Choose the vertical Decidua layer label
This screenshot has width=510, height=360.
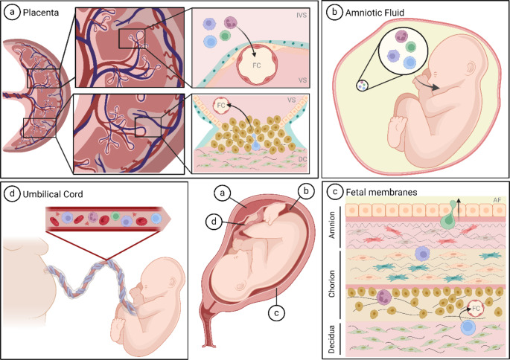pyautogui.click(x=333, y=335)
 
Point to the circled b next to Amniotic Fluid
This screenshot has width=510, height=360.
pyautogui.click(x=337, y=13)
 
